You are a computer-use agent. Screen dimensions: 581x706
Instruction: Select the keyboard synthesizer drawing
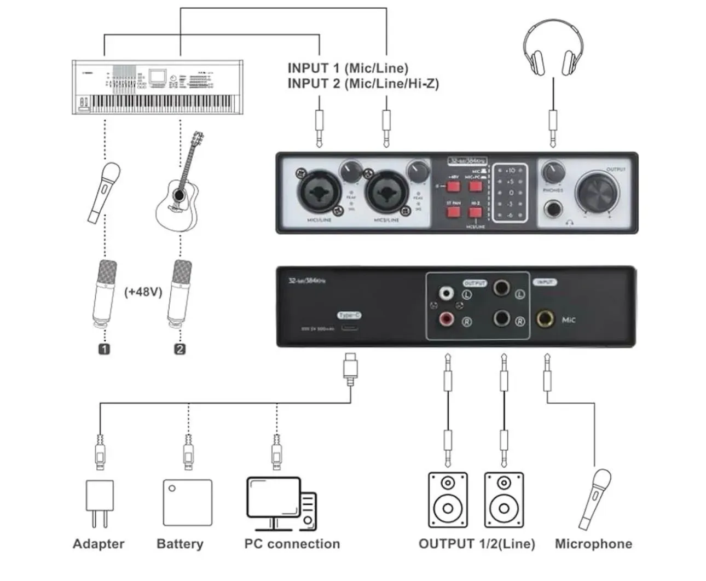[x=157, y=88]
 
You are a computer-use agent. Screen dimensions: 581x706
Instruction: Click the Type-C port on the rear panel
[x=350, y=328]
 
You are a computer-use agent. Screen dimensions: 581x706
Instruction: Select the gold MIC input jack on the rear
[x=545, y=318]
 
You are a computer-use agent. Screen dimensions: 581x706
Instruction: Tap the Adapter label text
[x=99, y=544]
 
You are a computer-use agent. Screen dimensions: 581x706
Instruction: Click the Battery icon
[x=188, y=502]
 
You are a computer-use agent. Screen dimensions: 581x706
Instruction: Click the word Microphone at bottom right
[x=593, y=544]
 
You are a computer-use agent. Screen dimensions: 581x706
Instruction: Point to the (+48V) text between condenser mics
[x=143, y=292]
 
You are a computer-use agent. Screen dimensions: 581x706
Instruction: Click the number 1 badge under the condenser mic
[x=104, y=348]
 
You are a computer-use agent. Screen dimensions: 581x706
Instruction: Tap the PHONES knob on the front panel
[x=553, y=173]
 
